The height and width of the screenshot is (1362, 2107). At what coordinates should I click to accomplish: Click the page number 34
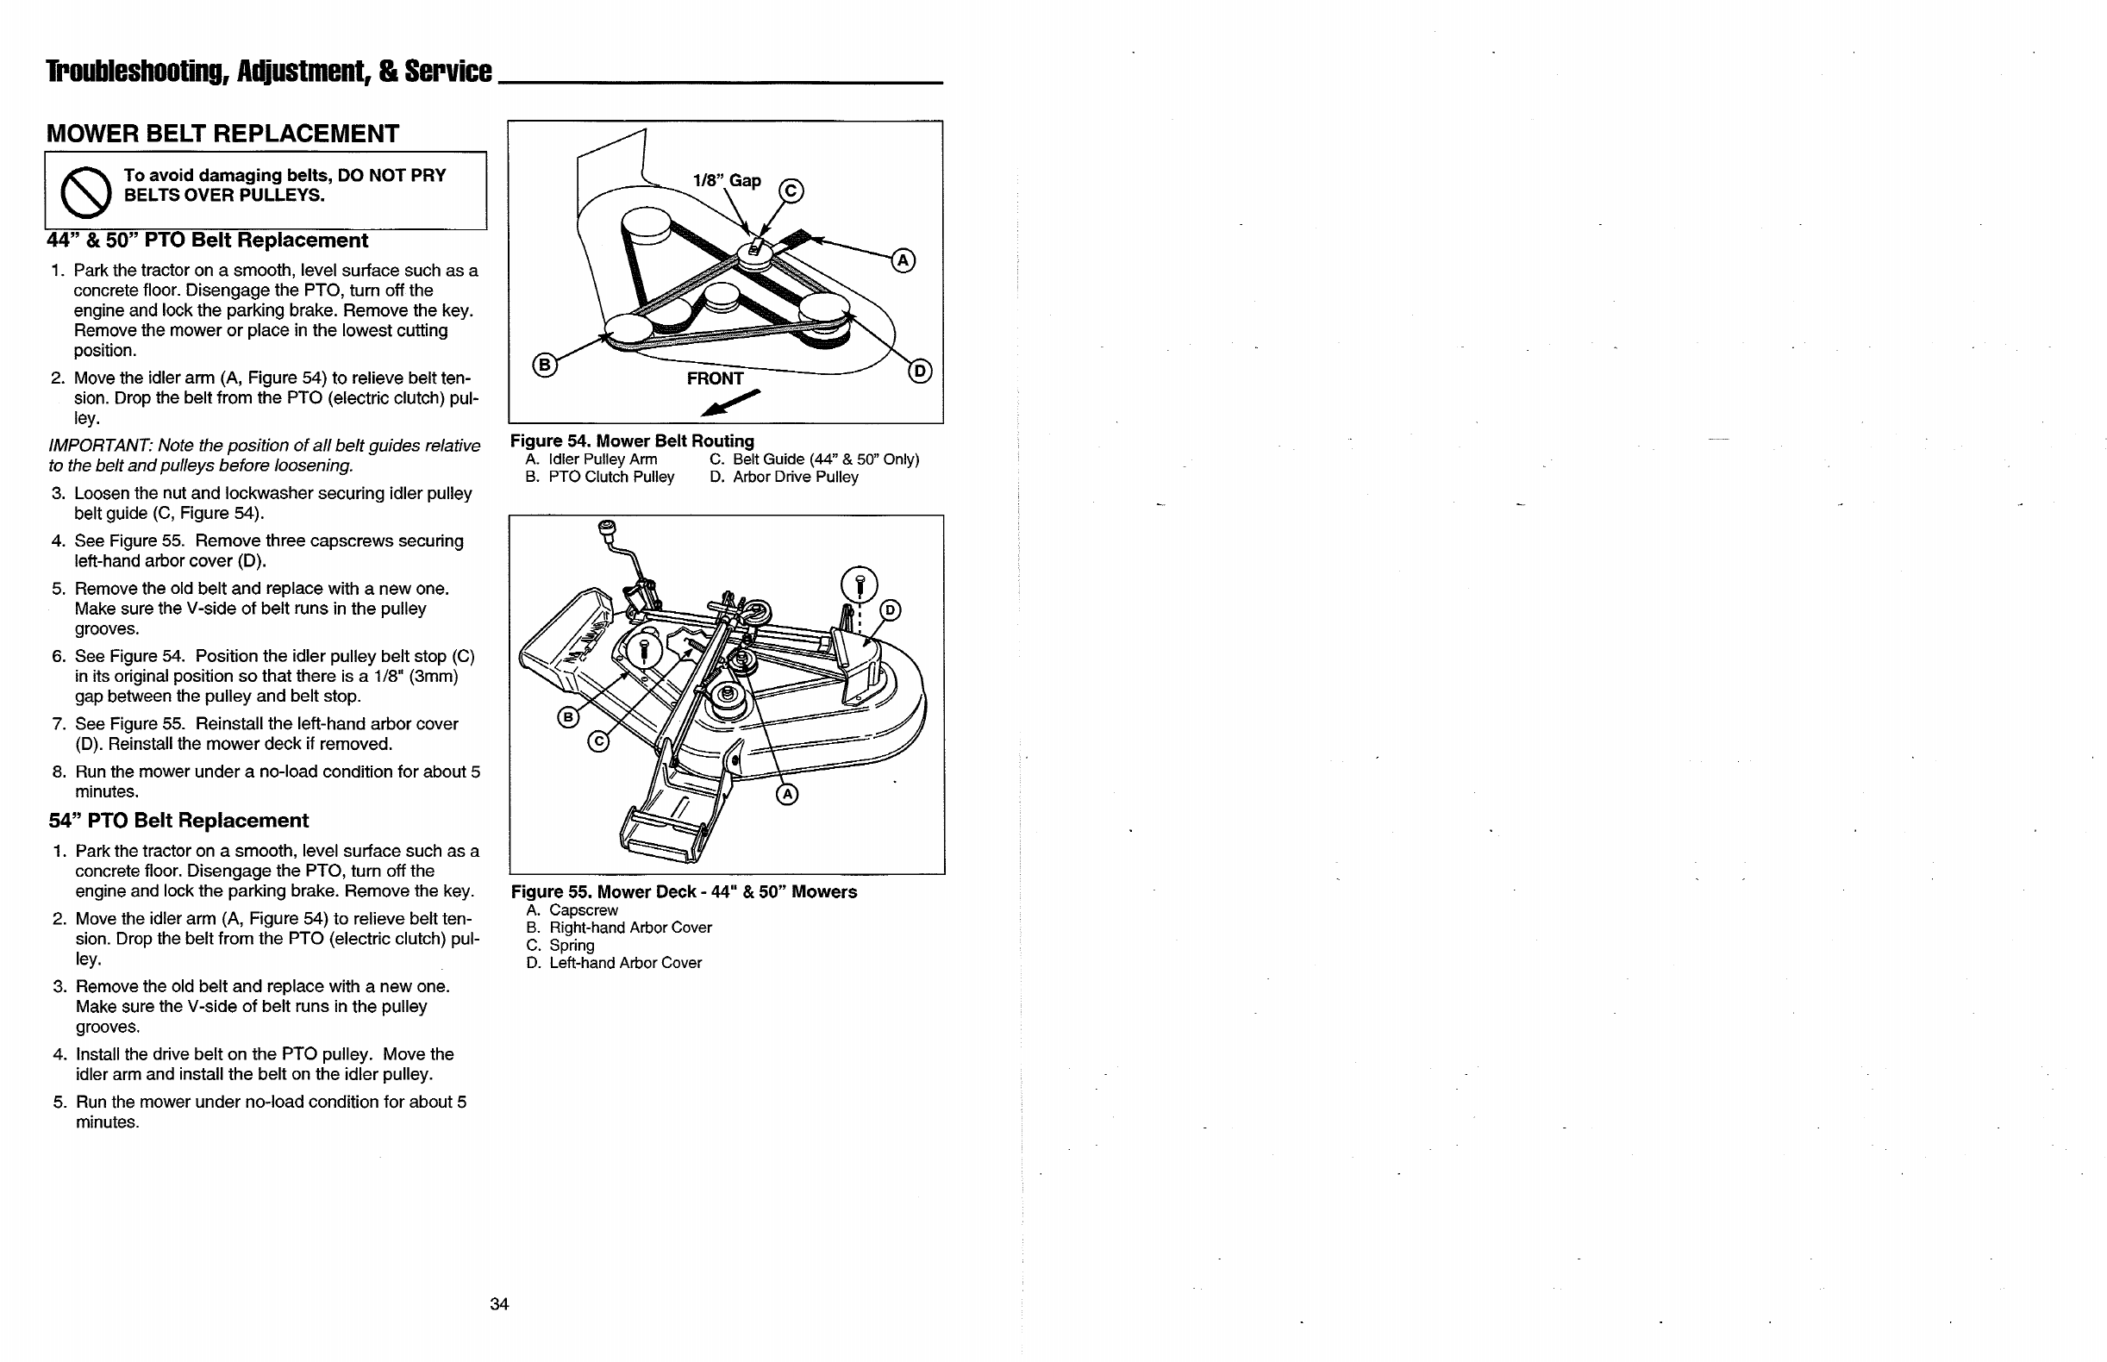[499, 1303]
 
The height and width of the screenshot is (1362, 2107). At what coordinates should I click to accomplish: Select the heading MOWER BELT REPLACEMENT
[222, 134]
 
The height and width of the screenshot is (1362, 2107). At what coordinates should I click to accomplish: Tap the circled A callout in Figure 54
[903, 260]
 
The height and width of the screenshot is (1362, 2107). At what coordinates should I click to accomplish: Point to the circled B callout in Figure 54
[545, 365]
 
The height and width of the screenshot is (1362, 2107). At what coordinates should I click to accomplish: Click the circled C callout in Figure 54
[791, 191]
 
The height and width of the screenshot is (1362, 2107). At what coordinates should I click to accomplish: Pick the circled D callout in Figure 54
[921, 371]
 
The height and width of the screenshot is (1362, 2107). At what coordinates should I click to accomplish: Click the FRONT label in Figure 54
[715, 378]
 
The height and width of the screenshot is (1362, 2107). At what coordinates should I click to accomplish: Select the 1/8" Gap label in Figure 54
[726, 180]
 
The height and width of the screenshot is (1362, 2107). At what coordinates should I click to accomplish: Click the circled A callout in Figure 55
[786, 794]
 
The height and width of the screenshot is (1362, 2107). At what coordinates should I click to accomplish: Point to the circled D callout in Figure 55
[890, 610]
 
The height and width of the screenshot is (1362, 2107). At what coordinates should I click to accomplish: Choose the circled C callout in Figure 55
[598, 741]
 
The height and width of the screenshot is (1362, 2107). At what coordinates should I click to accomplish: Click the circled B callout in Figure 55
[568, 716]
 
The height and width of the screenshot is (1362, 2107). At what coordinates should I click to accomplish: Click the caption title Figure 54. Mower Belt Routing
[632, 440]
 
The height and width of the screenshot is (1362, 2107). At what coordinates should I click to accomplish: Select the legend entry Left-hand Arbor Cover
[624, 962]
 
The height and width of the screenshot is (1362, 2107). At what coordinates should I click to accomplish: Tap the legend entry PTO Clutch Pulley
[610, 477]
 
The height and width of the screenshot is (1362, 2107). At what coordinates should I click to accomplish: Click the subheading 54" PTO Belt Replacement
[178, 821]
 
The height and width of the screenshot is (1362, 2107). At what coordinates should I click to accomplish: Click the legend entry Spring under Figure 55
[572, 945]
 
